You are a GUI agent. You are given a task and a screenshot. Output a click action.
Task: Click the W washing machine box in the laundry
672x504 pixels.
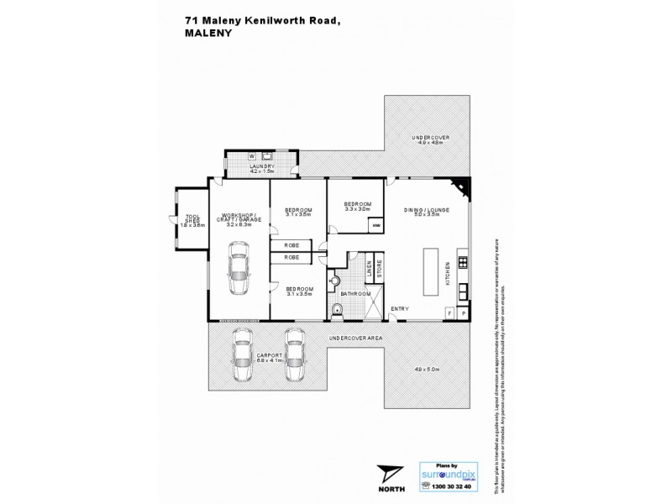[251, 156]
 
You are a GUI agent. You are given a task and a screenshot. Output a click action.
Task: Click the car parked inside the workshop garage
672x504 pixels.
[239, 268]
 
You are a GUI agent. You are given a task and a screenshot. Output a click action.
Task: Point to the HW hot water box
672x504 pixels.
[376, 225]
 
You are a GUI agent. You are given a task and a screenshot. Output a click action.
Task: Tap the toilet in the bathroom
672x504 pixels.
[339, 312]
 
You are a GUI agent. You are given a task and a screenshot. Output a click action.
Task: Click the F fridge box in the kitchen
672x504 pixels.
[449, 313]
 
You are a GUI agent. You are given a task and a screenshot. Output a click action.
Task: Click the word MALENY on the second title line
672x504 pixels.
[206, 37]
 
